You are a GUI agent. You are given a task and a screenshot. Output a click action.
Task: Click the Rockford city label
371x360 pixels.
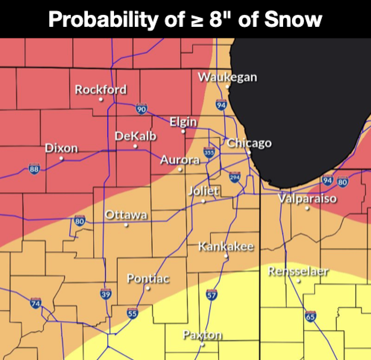pos(101,90)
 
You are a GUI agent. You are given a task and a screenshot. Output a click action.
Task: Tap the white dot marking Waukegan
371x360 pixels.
pos(227,86)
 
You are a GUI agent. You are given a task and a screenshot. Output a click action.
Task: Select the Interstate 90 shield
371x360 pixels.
pos(141,109)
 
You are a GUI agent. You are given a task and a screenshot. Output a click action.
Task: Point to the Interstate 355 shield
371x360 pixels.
pos(209,152)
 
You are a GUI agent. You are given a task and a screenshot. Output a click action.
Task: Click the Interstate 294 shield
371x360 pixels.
pos(234,177)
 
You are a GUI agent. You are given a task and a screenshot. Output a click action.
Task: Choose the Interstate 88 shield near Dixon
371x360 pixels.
pos(34,169)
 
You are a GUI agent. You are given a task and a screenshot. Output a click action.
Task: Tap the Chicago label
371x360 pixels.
pos(249,143)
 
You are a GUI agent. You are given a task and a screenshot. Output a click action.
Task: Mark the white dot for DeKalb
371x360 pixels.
pos(135,146)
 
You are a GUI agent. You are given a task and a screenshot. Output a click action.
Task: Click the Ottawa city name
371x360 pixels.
pos(126,215)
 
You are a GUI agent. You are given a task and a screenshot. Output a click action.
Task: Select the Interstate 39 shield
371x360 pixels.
pos(106,294)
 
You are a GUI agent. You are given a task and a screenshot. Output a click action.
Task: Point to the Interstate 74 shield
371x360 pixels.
pos(35,303)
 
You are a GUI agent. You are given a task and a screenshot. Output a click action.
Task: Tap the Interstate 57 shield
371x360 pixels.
pos(211,294)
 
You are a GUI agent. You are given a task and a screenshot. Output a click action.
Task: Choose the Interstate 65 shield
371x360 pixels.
pos(311,316)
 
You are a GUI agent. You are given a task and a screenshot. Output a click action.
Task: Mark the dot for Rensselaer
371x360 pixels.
pos(298,281)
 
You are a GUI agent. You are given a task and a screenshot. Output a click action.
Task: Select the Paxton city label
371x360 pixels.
pos(202,335)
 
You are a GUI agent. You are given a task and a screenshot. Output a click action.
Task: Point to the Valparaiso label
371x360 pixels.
pos(307,199)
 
